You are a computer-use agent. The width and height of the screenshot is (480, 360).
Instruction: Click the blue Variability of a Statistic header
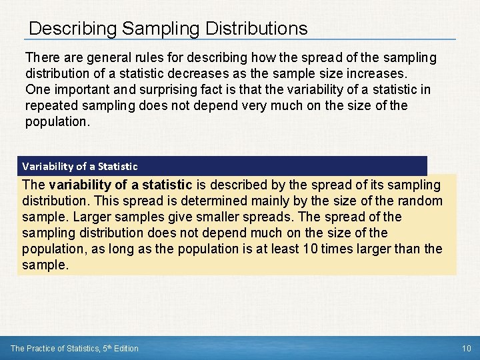[x=80, y=166]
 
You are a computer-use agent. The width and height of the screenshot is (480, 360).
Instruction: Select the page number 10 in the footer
[x=466, y=348]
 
